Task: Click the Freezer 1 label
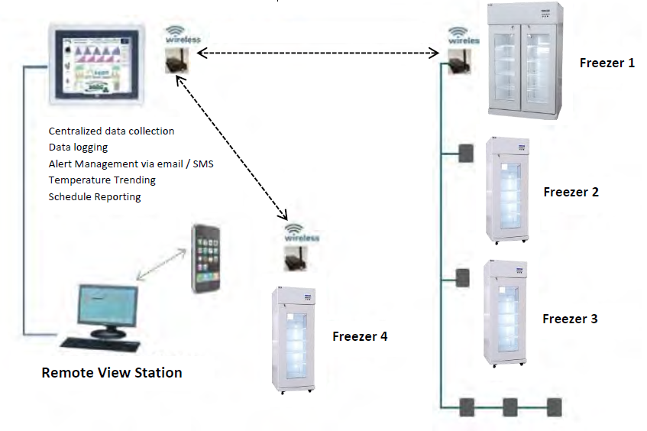pos(607,63)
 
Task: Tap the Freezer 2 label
pos(571,192)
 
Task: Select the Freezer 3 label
pos(570,319)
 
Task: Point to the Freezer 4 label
pos(360,335)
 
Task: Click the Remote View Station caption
pos(112,373)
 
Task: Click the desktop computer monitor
pos(107,306)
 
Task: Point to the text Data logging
pos(78,147)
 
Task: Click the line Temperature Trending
pos(102,180)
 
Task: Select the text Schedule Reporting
pos(95,197)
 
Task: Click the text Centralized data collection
pos(112,131)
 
